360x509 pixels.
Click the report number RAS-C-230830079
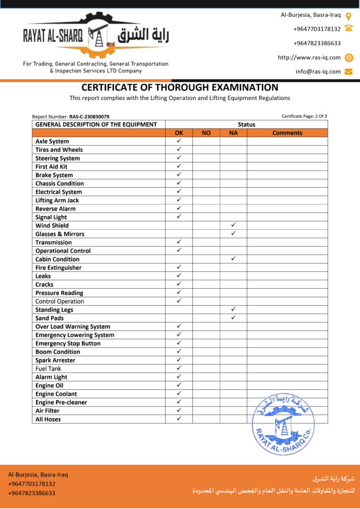tap(89, 116)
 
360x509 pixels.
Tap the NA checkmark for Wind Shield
tap(233, 225)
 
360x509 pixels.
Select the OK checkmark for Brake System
tap(179, 174)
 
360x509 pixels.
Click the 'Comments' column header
tap(287, 133)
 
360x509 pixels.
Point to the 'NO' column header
tap(206, 133)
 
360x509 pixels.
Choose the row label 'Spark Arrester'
tap(55, 360)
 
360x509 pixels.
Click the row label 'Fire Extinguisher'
tap(58, 267)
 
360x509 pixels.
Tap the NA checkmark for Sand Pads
tap(233, 318)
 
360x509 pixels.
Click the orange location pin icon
tap(349, 15)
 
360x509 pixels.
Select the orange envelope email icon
tap(349, 72)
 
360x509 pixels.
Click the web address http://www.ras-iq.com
tap(309, 57)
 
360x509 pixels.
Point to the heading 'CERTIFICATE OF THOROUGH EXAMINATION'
tap(180, 87)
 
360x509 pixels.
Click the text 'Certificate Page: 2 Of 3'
tap(304, 116)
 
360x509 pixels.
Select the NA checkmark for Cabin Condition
tap(233, 258)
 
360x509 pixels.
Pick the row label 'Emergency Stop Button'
tap(68, 343)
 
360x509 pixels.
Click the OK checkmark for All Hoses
tap(179, 419)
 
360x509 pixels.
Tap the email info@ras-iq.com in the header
tap(318, 72)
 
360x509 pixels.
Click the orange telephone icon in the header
tap(349, 29)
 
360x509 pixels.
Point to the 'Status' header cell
tap(246, 124)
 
